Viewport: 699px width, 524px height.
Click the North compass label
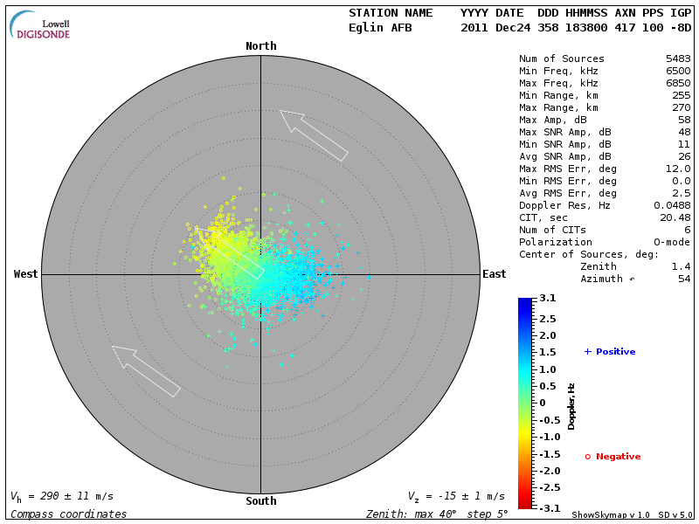pos(260,46)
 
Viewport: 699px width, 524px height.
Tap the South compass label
pos(260,501)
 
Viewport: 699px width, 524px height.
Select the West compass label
pos(26,274)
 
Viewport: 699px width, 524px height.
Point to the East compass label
pos(495,274)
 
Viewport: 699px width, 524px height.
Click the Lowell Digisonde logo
pos(41,25)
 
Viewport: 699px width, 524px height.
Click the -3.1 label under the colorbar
pos(546,507)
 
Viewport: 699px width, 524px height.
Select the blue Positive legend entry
pos(610,352)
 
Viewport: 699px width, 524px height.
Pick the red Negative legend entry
pos(612,457)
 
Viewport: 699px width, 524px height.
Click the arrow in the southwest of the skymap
pos(145,370)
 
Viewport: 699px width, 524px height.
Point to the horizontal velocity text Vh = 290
pos(61,496)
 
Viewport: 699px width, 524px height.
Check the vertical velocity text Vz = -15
pos(455,496)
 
